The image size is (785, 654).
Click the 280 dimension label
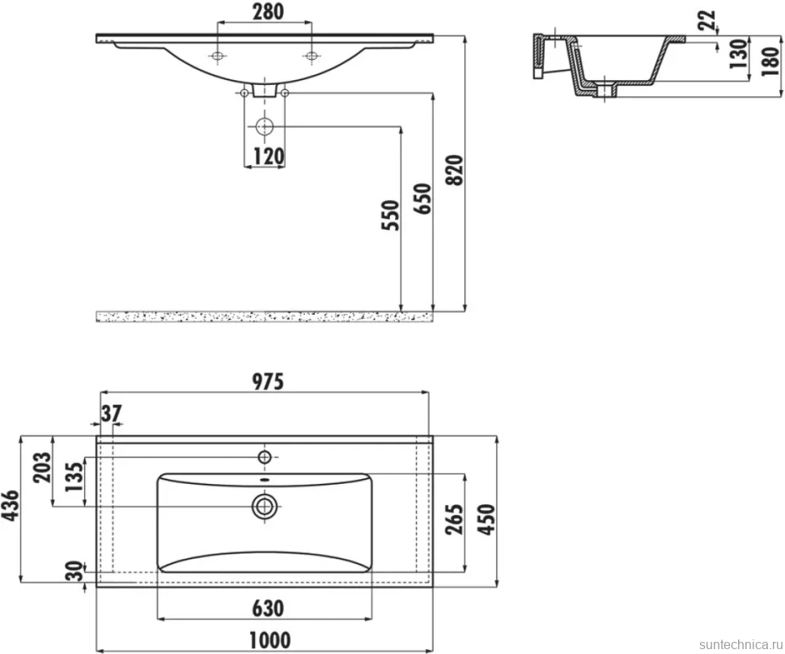[268, 11]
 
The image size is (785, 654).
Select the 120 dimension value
[269, 156]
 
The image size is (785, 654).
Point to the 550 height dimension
[391, 215]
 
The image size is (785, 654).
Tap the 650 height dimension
[422, 199]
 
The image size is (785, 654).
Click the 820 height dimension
[455, 170]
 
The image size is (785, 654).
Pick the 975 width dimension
[267, 381]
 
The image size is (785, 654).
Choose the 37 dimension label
[111, 414]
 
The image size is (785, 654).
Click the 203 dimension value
[42, 467]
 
